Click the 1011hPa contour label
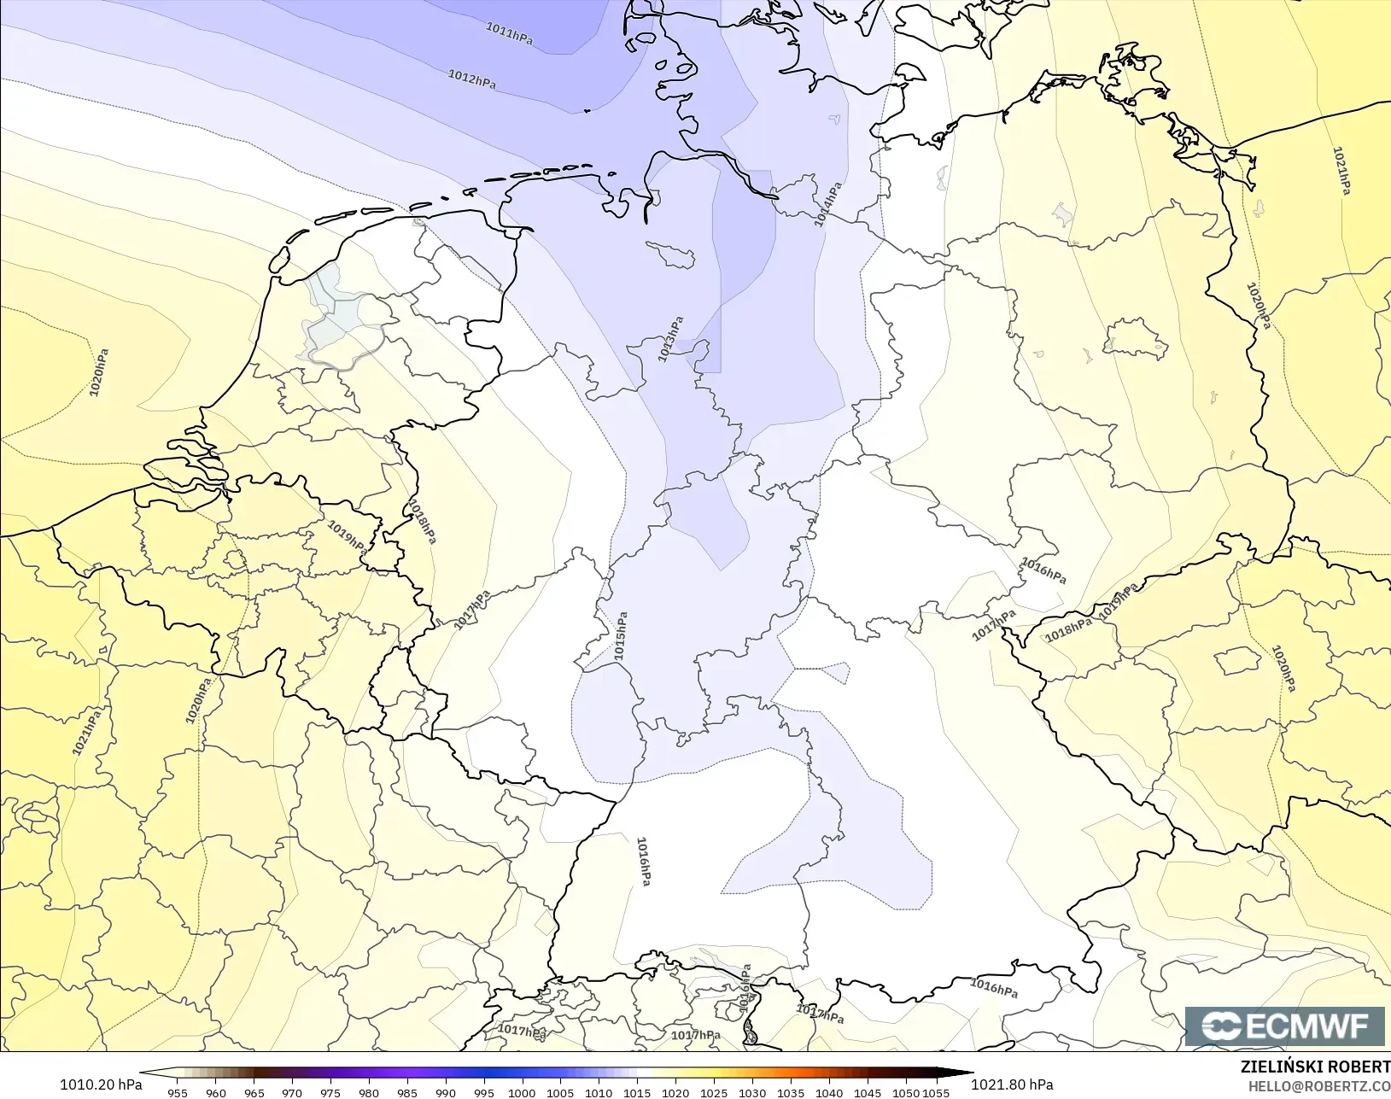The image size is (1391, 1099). click(510, 34)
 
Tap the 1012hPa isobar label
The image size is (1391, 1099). click(472, 79)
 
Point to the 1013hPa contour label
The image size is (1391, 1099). click(671, 339)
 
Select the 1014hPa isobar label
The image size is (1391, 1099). click(827, 204)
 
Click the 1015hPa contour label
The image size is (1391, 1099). click(621, 635)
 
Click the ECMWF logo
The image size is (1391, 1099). click(1284, 1026)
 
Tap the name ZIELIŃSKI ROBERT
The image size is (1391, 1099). click(1315, 1067)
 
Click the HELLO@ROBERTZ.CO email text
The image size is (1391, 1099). click(1319, 1086)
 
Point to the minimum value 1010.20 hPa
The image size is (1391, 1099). click(101, 1084)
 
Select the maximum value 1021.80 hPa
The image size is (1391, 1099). click(1012, 1084)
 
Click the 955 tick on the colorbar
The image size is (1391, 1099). click(178, 1092)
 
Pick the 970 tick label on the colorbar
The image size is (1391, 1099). click(292, 1092)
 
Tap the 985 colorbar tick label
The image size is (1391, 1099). click(407, 1092)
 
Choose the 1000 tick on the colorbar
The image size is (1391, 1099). click(522, 1092)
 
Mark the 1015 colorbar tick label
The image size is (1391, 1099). click(637, 1092)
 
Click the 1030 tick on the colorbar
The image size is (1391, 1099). click(752, 1092)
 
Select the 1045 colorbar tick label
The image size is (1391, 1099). click(868, 1092)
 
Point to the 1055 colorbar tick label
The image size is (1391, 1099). click(936, 1092)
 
